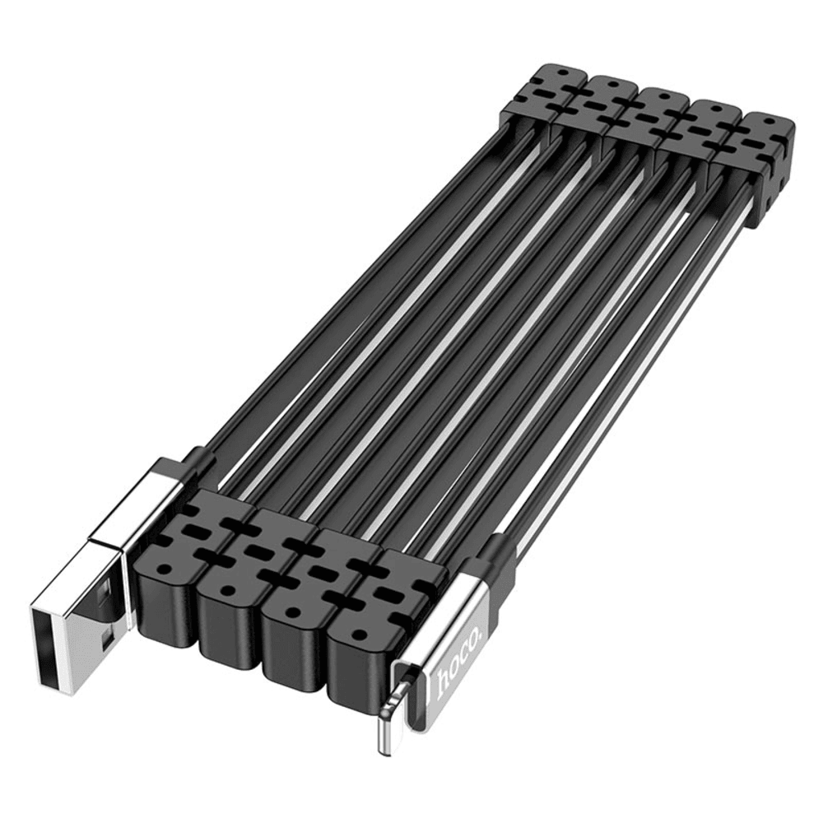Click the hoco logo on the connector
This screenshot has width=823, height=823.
454,665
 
